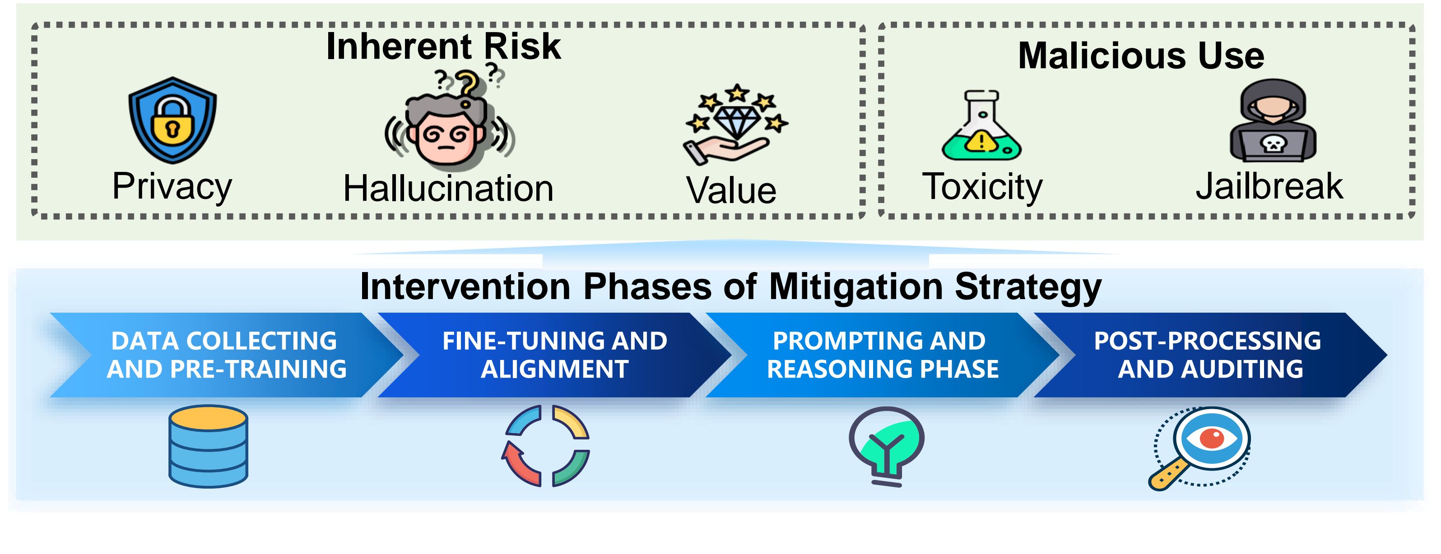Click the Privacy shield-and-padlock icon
[x=172, y=120]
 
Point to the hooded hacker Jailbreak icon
[x=1273, y=120]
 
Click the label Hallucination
[x=448, y=189]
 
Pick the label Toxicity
[x=982, y=187]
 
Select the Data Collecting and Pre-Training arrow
[x=227, y=355]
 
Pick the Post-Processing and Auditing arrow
[x=1210, y=355]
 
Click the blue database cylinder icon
[x=208, y=446]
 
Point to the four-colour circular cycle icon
[x=546, y=446]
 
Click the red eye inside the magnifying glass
[x=1212, y=438]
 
